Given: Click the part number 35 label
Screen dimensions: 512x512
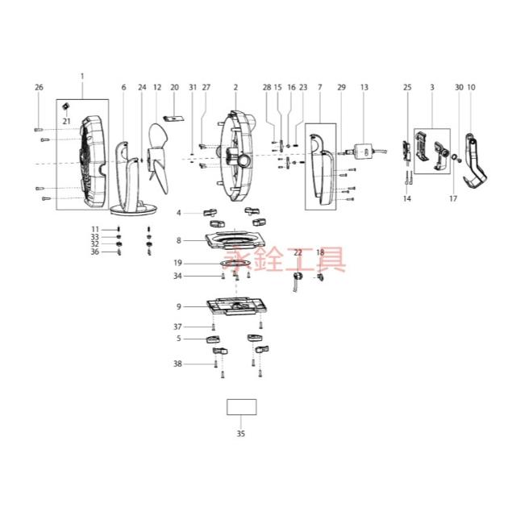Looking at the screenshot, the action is pyautogui.click(x=240, y=434).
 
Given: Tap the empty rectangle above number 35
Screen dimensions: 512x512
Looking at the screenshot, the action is pyautogui.click(x=242, y=407).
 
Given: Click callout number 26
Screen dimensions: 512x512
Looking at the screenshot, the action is pyautogui.click(x=39, y=87).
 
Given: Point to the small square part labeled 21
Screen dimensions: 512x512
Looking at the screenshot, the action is pyautogui.click(x=66, y=106).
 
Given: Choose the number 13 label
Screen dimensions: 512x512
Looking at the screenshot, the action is pyautogui.click(x=364, y=87).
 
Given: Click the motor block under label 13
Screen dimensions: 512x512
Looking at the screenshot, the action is pyautogui.click(x=364, y=152).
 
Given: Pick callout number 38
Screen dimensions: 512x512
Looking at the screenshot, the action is pyautogui.click(x=177, y=364).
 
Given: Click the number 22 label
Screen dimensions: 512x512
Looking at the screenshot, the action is pyautogui.click(x=298, y=252).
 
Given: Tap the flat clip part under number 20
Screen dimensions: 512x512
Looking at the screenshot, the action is pyautogui.click(x=173, y=118).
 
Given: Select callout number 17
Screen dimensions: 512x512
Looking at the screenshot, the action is pyautogui.click(x=453, y=198).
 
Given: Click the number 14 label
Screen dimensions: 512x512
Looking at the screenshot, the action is pyautogui.click(x=407, y=198).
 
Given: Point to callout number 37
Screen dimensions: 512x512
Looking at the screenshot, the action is pyautogui.click(x=177, y=327).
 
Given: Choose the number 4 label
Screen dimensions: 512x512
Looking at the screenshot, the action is pyautogui.click(x=179, y=213).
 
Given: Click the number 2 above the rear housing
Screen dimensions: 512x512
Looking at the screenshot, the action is pyautogui.click(x=235, y=87).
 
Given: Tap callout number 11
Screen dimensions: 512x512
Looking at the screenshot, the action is pyautogui.click(x=94, y=229).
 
